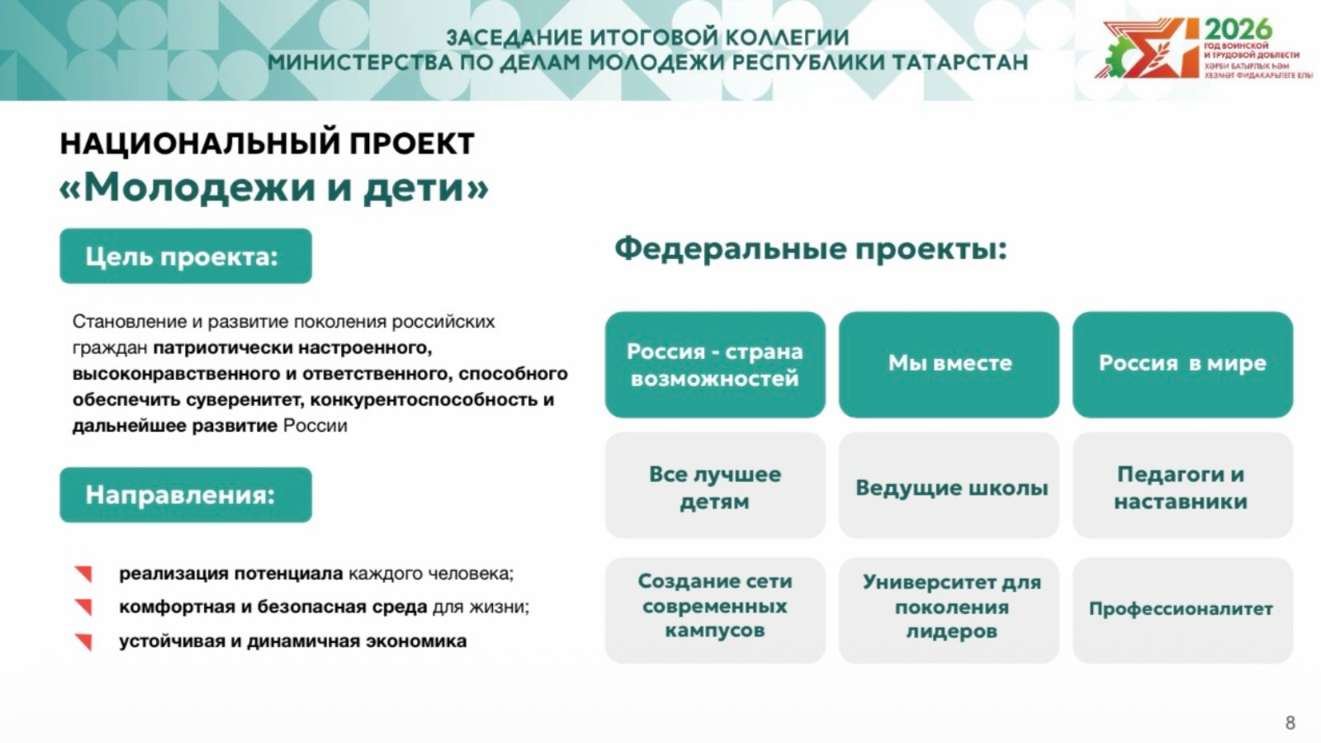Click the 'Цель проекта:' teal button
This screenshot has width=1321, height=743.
coord(186,256)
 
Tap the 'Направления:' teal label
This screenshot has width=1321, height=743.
coord(186,495)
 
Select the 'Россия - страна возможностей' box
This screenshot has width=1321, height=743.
coord(715,364)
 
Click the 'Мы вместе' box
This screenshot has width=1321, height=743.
coord(949,364)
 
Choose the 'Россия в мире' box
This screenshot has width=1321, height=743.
coord(1182,364)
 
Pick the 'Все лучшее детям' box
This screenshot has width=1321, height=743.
coord(715,485)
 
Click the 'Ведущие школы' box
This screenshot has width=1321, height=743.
coord(949,485)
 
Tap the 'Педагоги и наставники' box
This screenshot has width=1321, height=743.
coord(1182,485)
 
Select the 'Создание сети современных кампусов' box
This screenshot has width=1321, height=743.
coord(715,610)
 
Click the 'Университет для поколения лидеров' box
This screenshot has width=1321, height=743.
coord(949,610)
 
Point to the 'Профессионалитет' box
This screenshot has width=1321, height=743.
coord(1182,610)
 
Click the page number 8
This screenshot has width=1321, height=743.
coord(1290,722)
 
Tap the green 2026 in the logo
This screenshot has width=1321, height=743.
coord(1238,29)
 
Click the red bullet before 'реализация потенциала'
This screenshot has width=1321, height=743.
coord(83,574)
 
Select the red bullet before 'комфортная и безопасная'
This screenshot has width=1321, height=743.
coord(83,608)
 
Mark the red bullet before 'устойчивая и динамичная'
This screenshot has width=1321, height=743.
coord(83,641)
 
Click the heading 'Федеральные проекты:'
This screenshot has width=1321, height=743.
coord(811,249)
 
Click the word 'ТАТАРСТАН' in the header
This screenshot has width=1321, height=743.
coord(960,62)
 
